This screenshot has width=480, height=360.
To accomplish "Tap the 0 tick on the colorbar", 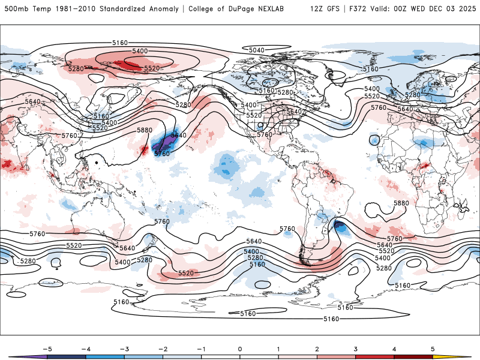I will point(240,349).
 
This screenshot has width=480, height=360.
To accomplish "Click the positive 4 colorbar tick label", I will point(395,349).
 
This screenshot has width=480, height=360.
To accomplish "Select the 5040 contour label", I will point(256,50).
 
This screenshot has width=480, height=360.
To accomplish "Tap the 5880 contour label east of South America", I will point(401,203).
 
